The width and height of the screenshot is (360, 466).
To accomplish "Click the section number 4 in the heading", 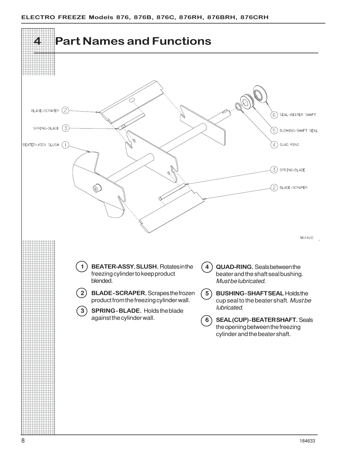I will point(37,41).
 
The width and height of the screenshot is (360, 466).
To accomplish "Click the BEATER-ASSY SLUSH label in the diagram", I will point(41,145).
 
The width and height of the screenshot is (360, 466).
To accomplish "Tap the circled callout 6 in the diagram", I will point(274,115).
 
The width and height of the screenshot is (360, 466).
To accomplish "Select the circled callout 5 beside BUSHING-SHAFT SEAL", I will point(274,130).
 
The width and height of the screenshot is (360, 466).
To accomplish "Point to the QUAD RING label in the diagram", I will point(289,145).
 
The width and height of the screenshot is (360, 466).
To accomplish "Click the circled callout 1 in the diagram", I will point(65,145).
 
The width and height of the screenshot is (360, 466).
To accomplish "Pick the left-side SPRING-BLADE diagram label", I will point(46,128).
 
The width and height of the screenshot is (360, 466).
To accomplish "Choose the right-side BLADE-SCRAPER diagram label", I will point(293,187).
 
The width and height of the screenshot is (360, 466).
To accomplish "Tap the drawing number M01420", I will point(306,237).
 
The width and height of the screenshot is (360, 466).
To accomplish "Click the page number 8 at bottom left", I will point(23,441).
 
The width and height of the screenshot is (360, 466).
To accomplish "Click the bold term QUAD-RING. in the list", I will point(234,267).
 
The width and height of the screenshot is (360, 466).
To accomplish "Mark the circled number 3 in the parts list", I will point(82,311).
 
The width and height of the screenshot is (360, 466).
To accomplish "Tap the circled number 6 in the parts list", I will point(207,320).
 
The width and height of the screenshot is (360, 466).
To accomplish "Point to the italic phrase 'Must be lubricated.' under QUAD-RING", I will point(241,281).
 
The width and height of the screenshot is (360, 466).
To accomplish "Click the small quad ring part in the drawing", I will point(238,106).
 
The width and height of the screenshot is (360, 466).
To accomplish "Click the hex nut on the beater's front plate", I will point(96,188).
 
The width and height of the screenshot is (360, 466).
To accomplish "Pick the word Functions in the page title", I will point(181,41).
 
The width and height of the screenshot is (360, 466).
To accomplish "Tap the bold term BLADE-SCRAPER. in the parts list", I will point(119,293).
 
